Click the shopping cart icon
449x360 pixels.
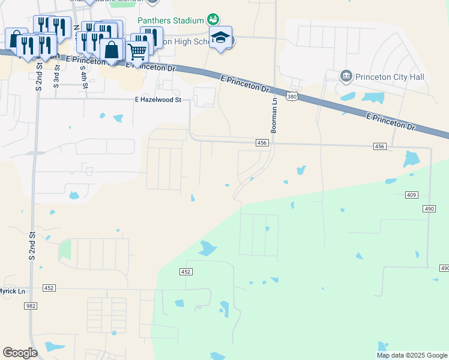click(137, 53)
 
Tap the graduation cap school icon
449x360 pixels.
click(221, 38)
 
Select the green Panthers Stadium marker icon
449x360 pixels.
click(212, 19)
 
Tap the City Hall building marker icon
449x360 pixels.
click(346, 76)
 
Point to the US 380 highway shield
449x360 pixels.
click(292, 96)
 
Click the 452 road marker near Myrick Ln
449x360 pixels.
click(49, 288)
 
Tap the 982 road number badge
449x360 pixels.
click(30, 306)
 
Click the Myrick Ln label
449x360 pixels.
click(12, 291)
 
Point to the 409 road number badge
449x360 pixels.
click(411, 195)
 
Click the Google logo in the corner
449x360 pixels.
click(20, 353)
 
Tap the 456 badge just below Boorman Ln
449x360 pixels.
click(261, 142)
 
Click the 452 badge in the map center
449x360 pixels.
click(185, 272)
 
